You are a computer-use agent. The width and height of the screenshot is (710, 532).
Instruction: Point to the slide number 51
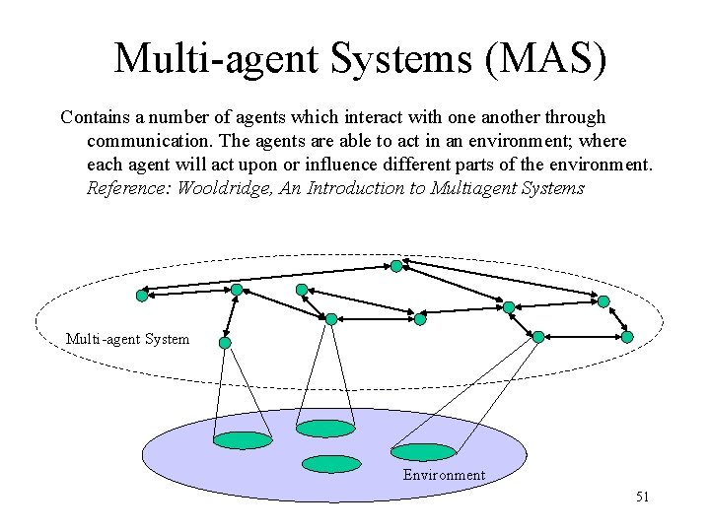click(642, 497)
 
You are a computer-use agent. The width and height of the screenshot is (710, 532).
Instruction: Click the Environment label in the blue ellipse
click(444, 475)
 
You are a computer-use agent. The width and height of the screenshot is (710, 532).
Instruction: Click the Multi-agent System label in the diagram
click(127, 339)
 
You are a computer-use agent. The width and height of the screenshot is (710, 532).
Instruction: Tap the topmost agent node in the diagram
click(396, 266)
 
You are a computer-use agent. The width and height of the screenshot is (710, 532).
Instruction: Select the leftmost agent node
click(142, 295)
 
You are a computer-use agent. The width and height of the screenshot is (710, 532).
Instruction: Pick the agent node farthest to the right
click(627, 337)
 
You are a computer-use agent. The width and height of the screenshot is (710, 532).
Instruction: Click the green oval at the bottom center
click(331, 463)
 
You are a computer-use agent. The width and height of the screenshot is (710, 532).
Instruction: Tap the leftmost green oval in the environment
click(243, 440)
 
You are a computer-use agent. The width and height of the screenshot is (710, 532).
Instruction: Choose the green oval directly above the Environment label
click(424, 452)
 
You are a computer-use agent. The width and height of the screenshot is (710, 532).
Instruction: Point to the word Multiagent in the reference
click(473, 188)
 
